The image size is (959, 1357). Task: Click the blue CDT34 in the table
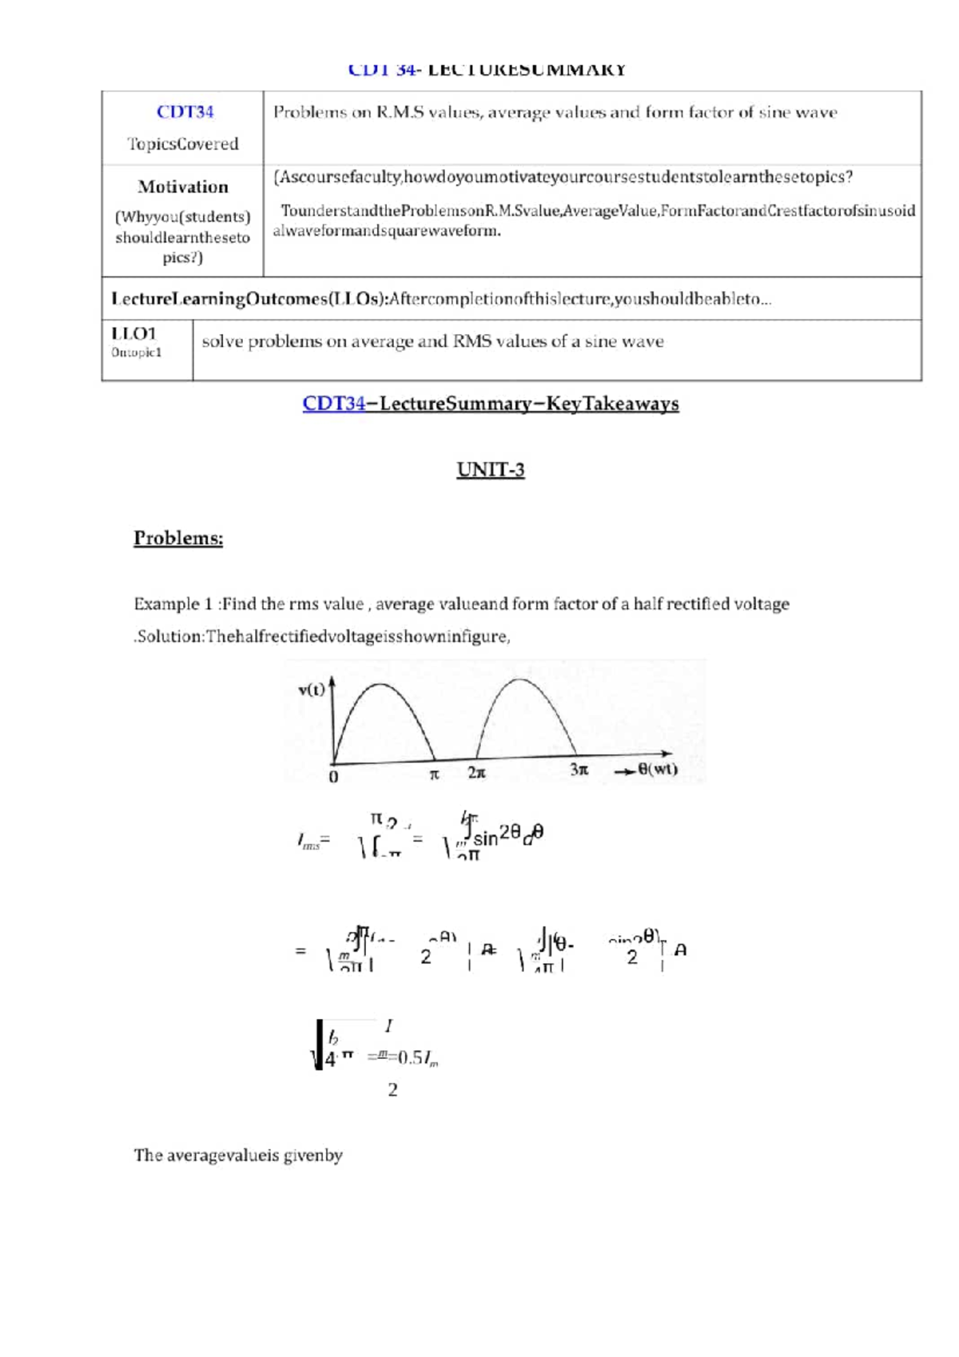pyautogui.click(x=185, y=112)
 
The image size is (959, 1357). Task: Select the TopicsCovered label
pyautogui.click(x=183, y=144)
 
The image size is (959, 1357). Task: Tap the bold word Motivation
pyautogui.click(x=183, y=187)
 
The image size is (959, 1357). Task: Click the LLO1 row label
pyautogui.click(x=133, y=333)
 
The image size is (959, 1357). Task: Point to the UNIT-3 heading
pyautogui.click(x=490, y=469)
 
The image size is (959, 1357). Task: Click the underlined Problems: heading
pyautogui.click(x=178, y=538)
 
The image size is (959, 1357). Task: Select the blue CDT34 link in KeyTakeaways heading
pyautogui.click(x=333, y=404)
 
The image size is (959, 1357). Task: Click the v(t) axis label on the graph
pyautogui.click(x=311, y=690)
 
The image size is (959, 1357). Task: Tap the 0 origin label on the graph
pyautogui.click(x=333, y=777)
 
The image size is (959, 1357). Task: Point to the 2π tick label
pyautogui.click(x=476, y=773)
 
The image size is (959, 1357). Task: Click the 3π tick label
pyautogui.click(x=579, y=770)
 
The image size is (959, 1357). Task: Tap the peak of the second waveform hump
pyautogui.click(x=520, y=680)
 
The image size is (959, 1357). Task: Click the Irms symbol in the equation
pyautogui.click(x=308, y=842)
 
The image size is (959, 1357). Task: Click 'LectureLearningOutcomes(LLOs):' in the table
pyautogui.click(x=249, y=299)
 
